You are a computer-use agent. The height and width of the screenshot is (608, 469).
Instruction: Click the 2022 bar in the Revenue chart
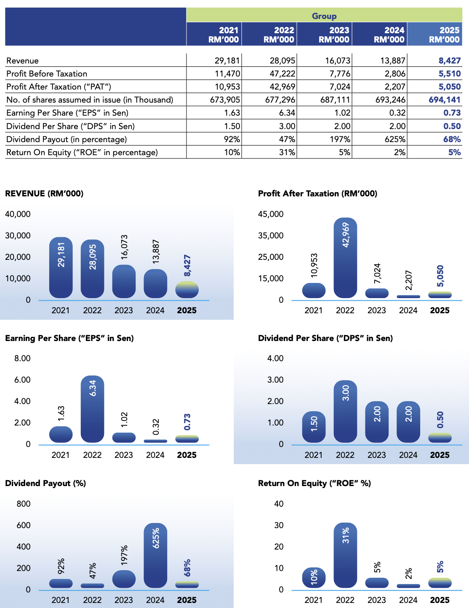coord(92,269)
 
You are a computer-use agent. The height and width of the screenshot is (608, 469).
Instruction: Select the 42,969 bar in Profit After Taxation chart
coord(345,258)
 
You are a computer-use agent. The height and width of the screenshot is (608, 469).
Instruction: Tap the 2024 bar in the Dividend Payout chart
coord(155,555)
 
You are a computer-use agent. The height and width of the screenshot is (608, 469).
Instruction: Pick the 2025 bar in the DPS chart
coord(440,438)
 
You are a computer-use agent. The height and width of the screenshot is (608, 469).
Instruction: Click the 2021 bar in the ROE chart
coord(314,578)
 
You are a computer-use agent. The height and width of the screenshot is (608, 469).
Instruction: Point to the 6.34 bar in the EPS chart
coord(92,409)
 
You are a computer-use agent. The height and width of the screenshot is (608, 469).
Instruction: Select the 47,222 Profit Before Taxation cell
coord(282,74)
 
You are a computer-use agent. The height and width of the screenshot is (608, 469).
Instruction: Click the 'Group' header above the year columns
coord(324,16)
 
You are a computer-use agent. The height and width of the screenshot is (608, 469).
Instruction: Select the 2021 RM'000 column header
coord(224,34)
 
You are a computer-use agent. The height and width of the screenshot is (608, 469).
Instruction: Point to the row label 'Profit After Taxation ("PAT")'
coord(59,87)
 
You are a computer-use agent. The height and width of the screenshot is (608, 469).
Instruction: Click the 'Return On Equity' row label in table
coord(82,152)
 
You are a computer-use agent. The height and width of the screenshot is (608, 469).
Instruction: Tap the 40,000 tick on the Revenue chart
coord(18,214)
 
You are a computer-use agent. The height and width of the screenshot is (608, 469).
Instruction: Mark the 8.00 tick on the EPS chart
coord(22,358)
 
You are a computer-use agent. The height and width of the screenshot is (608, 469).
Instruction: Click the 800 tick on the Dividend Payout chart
coord(24,504)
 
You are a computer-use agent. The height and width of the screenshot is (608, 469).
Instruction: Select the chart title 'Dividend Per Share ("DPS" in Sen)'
coord(325,338)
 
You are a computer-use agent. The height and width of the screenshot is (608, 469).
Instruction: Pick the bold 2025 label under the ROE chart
coord(440,600)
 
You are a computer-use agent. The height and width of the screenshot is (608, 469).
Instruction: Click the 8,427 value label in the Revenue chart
coord(187,266)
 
